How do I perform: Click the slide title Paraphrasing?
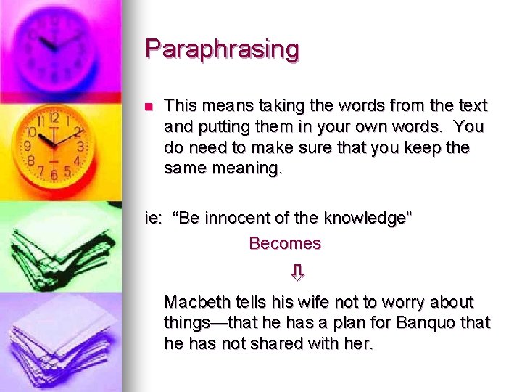222,49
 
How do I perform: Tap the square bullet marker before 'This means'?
149,107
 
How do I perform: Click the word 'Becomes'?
284,244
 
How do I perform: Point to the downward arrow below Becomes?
297,273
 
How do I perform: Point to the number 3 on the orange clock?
80,147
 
